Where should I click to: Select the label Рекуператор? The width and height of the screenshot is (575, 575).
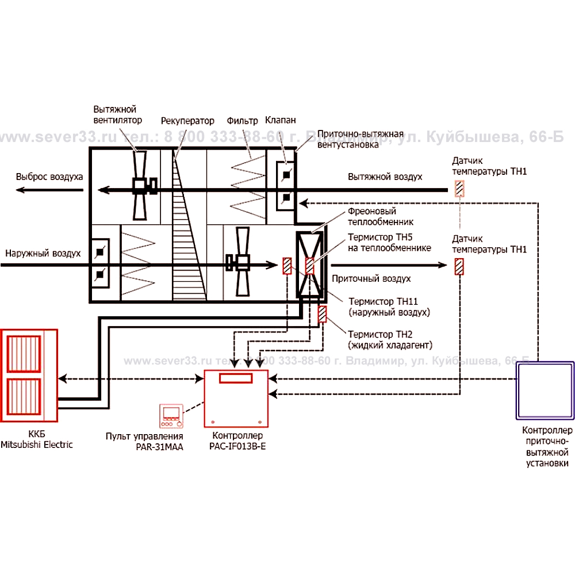[x=187, y=121]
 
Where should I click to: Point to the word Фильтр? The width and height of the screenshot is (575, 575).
[x=242, y=121]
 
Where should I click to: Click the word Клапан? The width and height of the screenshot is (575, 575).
[x=281, y=120]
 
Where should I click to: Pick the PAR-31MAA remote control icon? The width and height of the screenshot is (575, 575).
[x=172, y=417]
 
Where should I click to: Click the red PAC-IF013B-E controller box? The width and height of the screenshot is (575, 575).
[x=237, y=398]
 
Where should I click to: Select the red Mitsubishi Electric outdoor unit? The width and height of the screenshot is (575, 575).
[x=29, y=375]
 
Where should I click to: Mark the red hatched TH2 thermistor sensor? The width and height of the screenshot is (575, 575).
[x=323, y=315]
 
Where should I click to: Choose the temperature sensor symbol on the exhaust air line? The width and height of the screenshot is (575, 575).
[x=459, y=189]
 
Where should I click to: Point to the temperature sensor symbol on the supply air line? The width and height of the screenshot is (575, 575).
[x=459, y=267]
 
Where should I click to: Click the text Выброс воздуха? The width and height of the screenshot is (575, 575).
[x=49, y=177]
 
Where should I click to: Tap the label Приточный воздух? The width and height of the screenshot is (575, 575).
[x=371, y=279]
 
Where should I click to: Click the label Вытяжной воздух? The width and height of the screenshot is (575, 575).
[x=385, y=177]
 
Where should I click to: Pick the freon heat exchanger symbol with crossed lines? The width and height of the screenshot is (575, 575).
[x=310, y=265]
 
